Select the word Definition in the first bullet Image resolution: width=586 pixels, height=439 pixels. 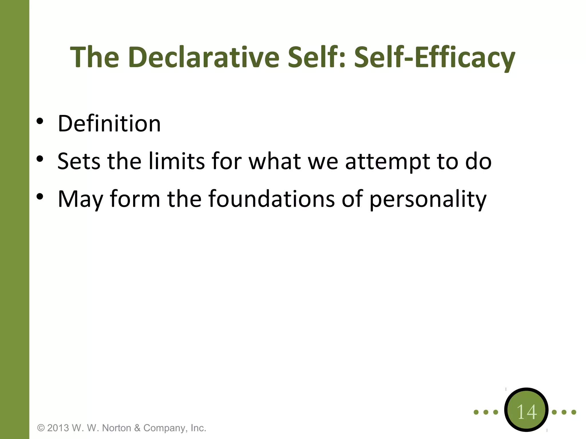[x=109, y=123]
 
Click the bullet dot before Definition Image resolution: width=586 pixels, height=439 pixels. [x=40, y=121]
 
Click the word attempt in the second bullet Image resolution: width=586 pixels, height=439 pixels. [x=387, y=162]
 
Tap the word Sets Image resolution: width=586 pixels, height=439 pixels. [x=79, y=161]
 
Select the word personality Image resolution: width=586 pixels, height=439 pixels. [x=428, y=199]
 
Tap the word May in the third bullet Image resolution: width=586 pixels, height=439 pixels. [x=80, y=199]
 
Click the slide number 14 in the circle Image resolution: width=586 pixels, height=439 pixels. [x=526, y=412]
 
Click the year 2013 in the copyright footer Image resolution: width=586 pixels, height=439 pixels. [x=58, y=428]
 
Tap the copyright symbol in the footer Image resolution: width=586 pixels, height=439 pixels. [x=41, y=428]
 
